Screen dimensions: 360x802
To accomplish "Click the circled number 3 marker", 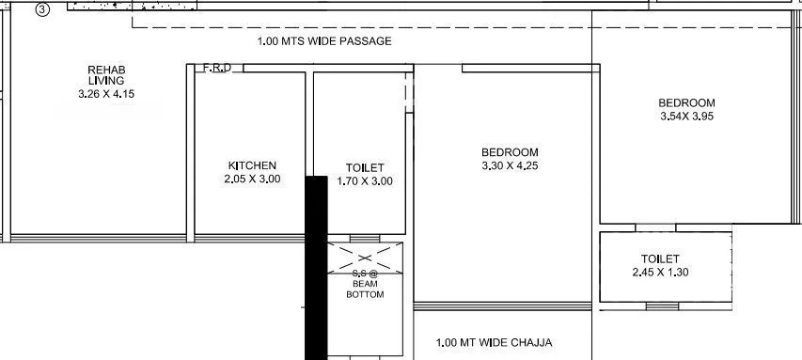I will point(42,9).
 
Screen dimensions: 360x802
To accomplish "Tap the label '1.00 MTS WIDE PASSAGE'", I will point(324,41).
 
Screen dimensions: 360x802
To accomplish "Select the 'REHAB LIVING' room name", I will point(106,75).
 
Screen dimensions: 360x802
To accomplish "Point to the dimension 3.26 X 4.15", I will point(107,93).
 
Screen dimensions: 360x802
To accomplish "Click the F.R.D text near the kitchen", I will point(217,68).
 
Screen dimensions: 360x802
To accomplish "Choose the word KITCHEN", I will point(252,165).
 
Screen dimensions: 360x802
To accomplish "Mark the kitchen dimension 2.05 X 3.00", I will point(252,179).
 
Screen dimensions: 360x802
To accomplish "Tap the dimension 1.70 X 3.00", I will point(365,180).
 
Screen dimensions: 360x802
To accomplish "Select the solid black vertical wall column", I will point(316,268).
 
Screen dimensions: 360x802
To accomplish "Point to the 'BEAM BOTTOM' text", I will point(365,288).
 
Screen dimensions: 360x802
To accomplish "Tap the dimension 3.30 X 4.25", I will point(510,165).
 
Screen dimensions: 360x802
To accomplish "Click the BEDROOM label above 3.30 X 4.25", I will point(510,152).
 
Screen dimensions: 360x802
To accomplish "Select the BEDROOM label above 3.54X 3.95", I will point(686,103).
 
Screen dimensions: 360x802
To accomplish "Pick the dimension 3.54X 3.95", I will point(686,117).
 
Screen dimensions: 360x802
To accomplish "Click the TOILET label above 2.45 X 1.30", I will point(660,258).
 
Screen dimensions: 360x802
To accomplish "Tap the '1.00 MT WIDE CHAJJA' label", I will point(495,343).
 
